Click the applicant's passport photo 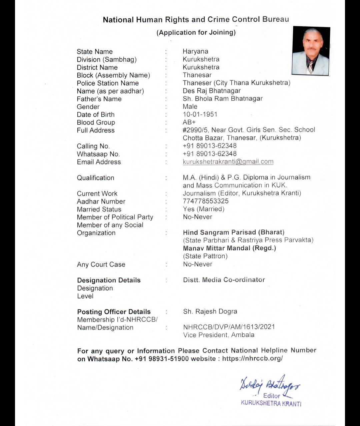click(311, 51)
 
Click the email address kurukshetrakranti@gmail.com click(228, 162)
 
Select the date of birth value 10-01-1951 click(200, 114)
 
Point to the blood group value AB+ click(189, 122)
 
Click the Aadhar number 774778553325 click(206, 201)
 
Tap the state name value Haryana click(195, 51)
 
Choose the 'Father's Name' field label click(99, 99)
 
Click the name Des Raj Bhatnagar click(212, 91)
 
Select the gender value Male click(190, 107)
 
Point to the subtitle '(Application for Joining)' click(196, 32)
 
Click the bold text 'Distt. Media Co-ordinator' click(224, 280)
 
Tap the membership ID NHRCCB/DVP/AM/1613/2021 click(229, 327)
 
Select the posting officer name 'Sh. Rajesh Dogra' click(210, 311)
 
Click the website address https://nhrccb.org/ click(252, 358)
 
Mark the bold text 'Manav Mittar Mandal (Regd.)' click(229, 248)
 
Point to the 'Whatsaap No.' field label click(98, 154)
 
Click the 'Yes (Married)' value click(204, 209)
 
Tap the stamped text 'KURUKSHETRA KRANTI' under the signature click(271, 403)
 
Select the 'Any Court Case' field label click(101, 264)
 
